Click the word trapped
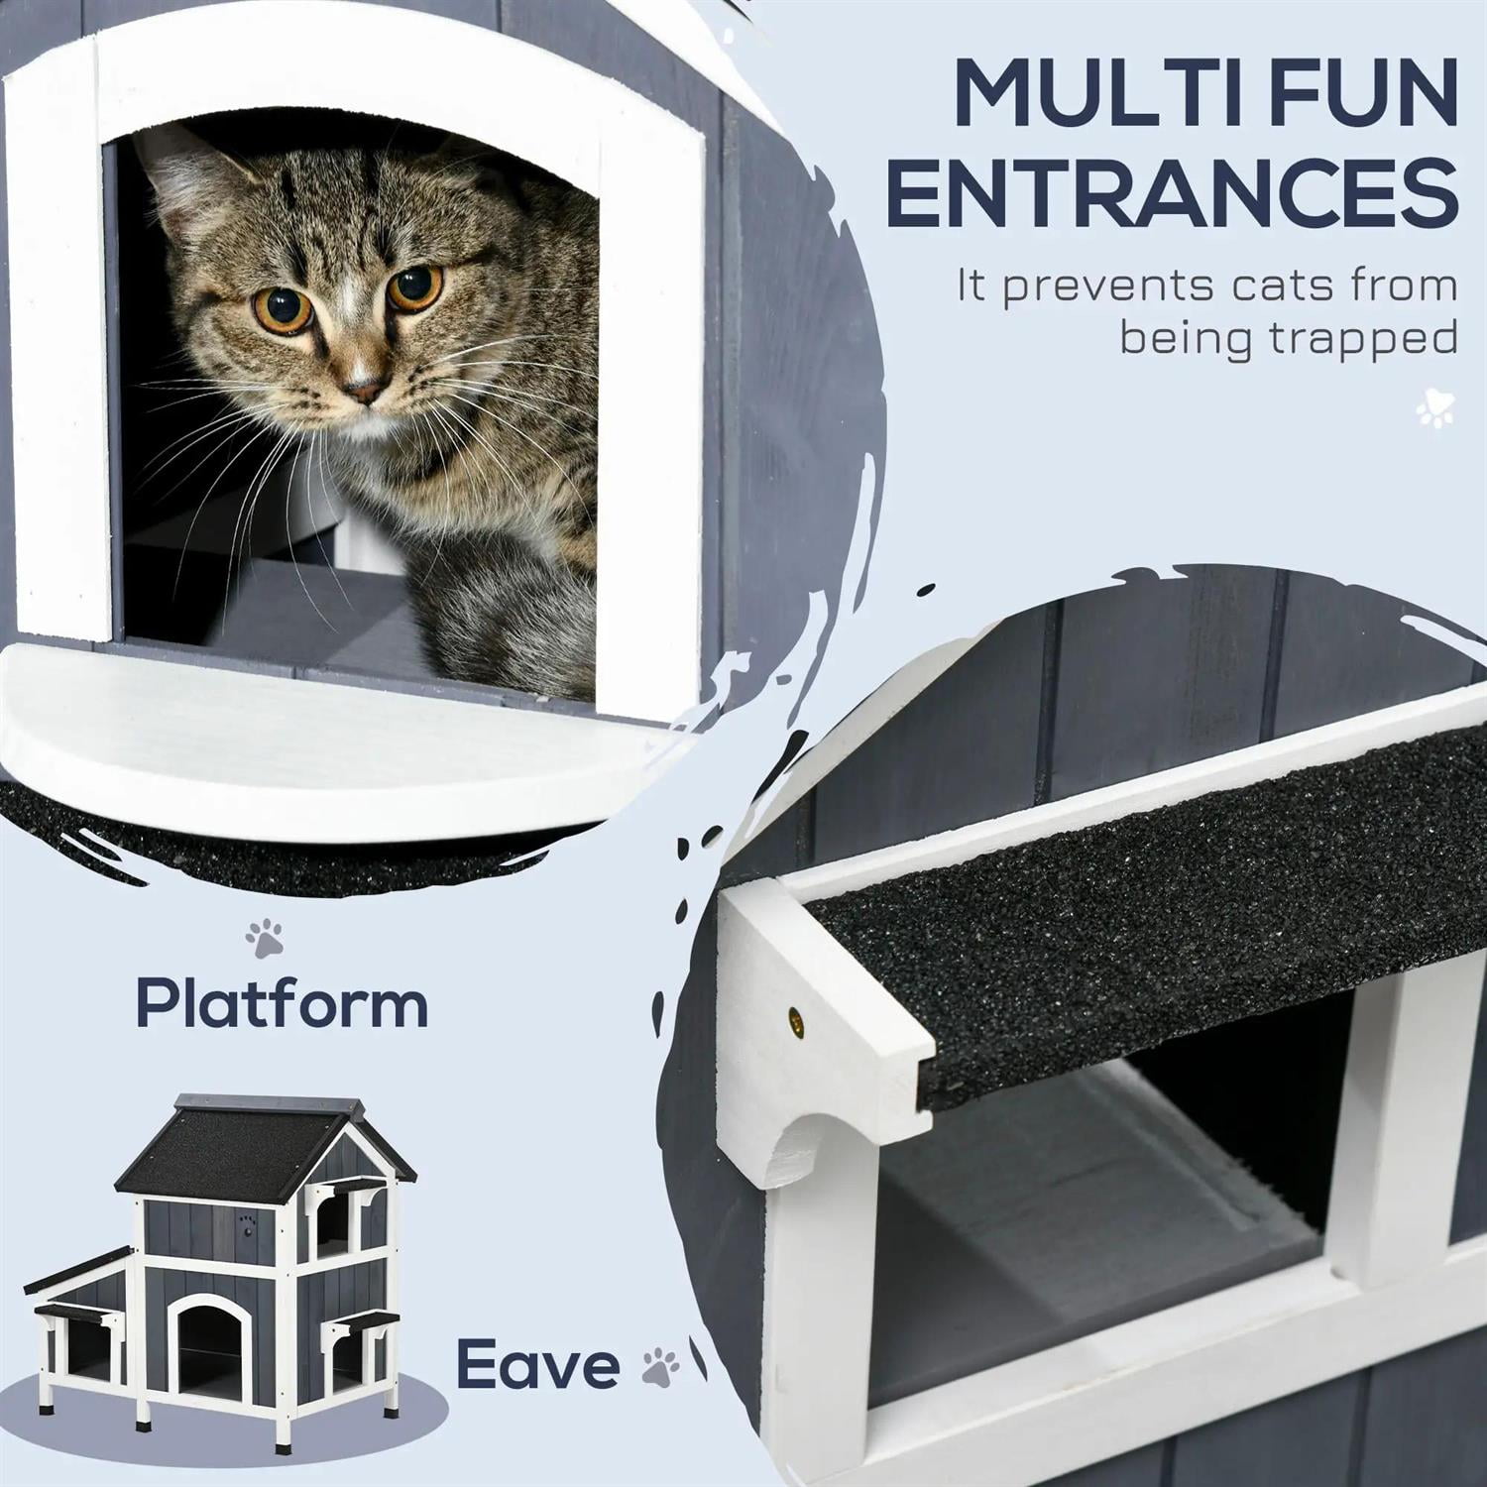[1363, 339]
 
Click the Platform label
[282, 1003]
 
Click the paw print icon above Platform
[265, 938]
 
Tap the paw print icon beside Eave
[660, 1366]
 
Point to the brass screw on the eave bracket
[795, 1016]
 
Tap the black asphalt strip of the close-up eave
[1140, 932]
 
